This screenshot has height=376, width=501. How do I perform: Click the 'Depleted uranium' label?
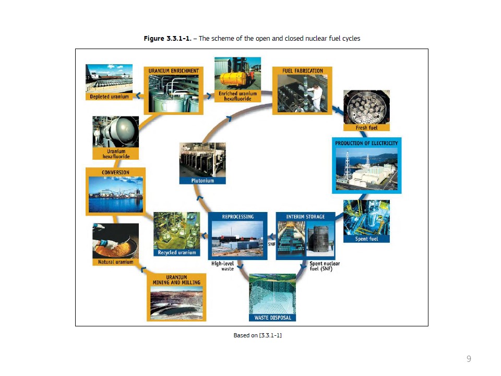109,97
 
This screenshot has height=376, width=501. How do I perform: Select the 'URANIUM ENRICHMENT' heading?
173,70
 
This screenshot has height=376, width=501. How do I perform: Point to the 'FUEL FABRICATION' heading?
302,70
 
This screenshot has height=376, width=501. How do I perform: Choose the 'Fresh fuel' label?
366,127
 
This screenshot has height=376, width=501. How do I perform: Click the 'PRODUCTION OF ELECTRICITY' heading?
366,143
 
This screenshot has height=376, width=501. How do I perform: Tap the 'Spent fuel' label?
366,239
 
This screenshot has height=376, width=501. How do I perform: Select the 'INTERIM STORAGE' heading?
305,217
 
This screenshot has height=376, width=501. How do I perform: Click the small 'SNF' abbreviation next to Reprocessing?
271,244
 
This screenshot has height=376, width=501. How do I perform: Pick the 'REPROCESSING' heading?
238,217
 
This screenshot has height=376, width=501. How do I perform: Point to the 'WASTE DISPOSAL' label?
272,318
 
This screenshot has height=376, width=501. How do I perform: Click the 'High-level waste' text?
223,266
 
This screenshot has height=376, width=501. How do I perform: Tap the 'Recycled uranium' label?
177,253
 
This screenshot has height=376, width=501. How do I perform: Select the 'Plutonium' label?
202,181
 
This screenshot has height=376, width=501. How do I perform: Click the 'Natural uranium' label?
116,262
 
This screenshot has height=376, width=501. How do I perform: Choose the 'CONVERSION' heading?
115,172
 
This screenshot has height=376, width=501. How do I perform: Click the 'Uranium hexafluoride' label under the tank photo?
116,154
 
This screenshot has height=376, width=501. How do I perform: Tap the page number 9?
469,359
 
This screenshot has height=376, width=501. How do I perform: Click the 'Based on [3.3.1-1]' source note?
257,335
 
